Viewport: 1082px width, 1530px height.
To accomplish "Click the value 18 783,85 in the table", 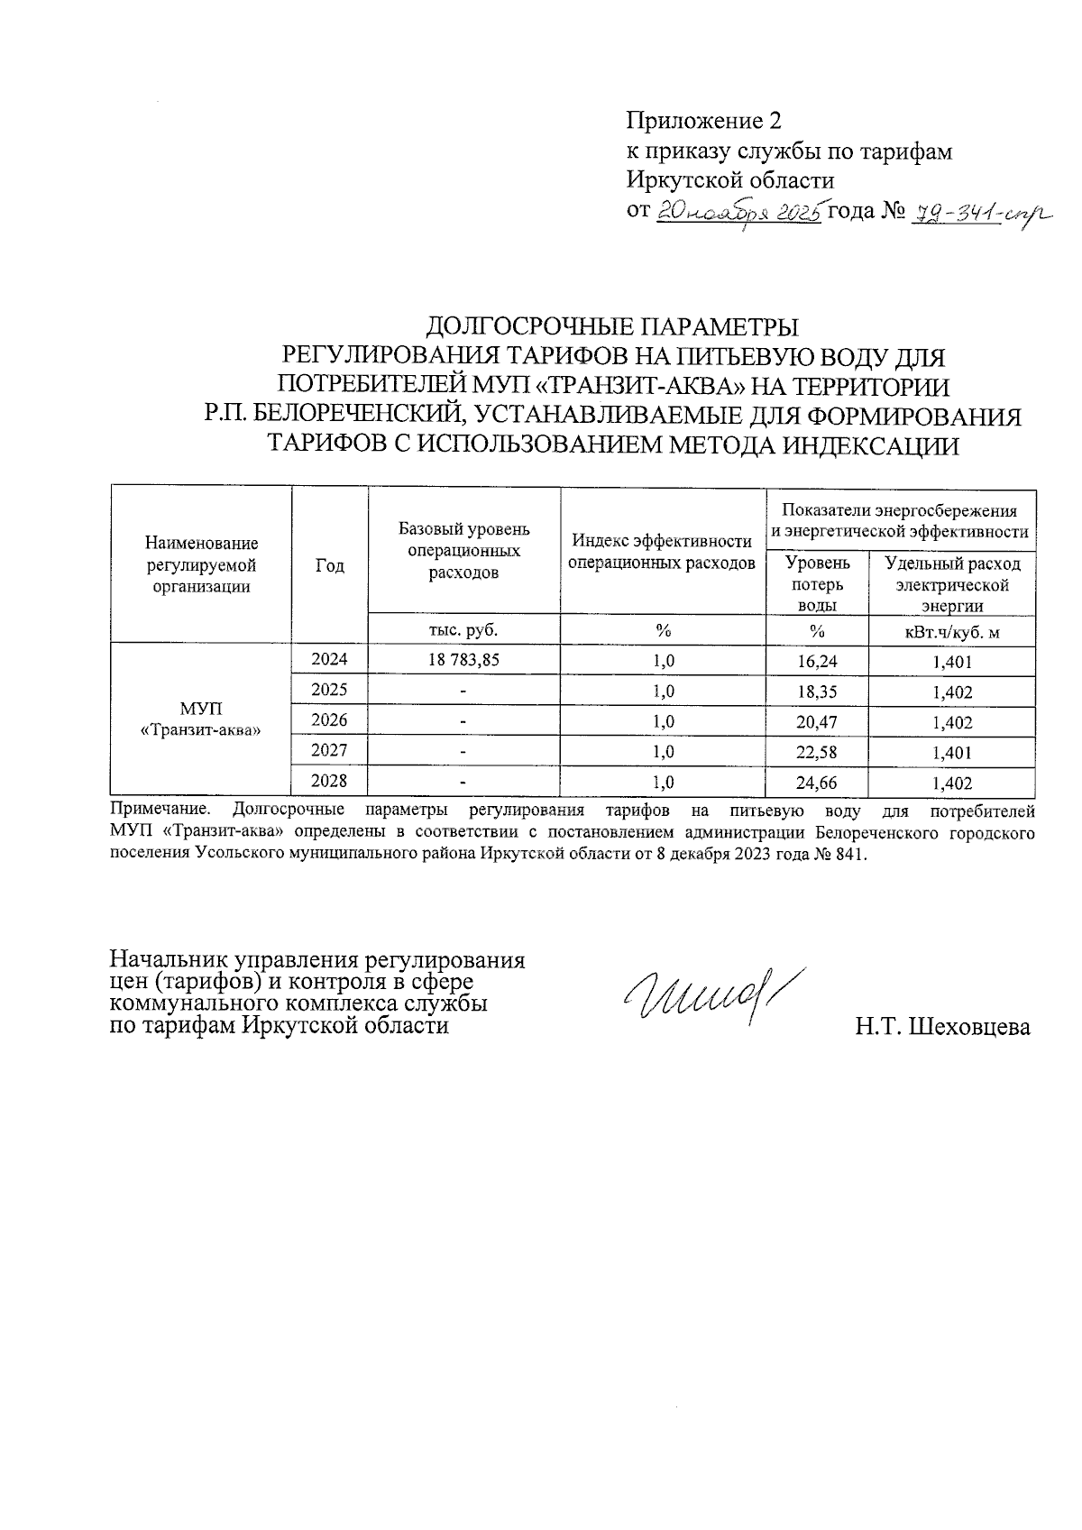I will click(x=463, y=660).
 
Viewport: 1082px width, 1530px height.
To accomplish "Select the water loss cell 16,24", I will click(x=818, y=661).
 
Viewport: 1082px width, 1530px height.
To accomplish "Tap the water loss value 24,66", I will click(x=818, y=783).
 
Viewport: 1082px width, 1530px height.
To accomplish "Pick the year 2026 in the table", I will click(x=329, y=720).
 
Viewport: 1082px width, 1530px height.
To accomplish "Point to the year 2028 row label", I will click(x=329, y=781).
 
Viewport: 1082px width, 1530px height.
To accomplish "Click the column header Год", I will click(x=330, y=565).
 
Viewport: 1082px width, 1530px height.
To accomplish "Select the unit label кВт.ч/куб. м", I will click(x=952, y=631).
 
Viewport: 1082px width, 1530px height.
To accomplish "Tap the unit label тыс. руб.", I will click(x=463, y=629).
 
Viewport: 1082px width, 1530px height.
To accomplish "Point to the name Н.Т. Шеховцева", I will click(x=943, y=1027).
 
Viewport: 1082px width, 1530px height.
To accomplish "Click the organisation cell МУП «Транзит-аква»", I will click(x=201, y=719).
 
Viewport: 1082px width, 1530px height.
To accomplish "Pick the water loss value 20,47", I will click(x=818, y=721).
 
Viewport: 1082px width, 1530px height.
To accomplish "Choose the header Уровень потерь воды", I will click(x=818, y=584).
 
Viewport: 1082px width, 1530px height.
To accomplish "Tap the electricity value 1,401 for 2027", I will click(x=952, y=752).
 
